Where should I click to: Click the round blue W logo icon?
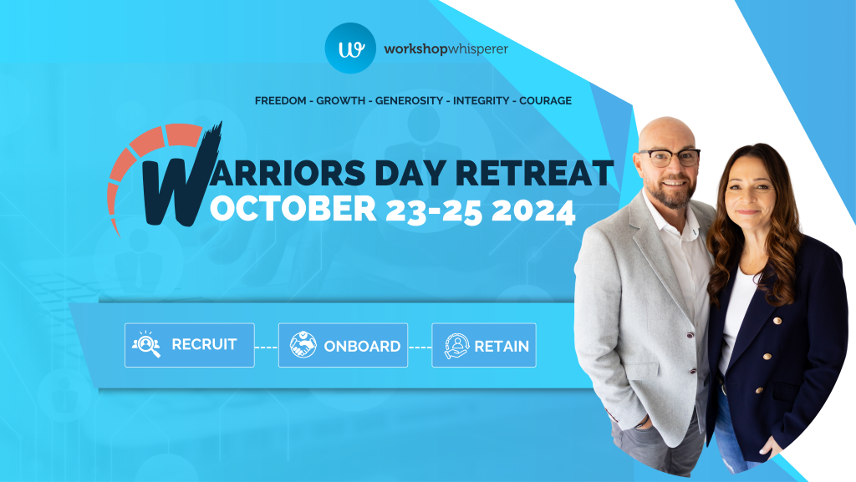coord(350,48)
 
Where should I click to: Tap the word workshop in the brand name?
coord(415,49)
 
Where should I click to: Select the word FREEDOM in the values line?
coord(281,101)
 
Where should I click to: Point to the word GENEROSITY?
coord(409,101)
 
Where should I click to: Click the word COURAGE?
coord(545,101)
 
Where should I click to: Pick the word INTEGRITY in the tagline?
coord(481,101)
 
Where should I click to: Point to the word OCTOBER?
coord(293,208)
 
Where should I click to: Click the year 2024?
coord(533,211)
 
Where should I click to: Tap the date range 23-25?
coord(434,211)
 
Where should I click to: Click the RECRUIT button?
coord(190,345)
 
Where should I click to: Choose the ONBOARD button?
coord(343,345)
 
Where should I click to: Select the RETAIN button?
coord(484,345)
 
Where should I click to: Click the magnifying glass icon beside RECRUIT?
coord(145,344)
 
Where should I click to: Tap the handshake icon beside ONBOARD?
coord(303,345)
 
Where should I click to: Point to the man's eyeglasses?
coord(670,158)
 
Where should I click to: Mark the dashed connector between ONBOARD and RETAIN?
coord(420,348)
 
